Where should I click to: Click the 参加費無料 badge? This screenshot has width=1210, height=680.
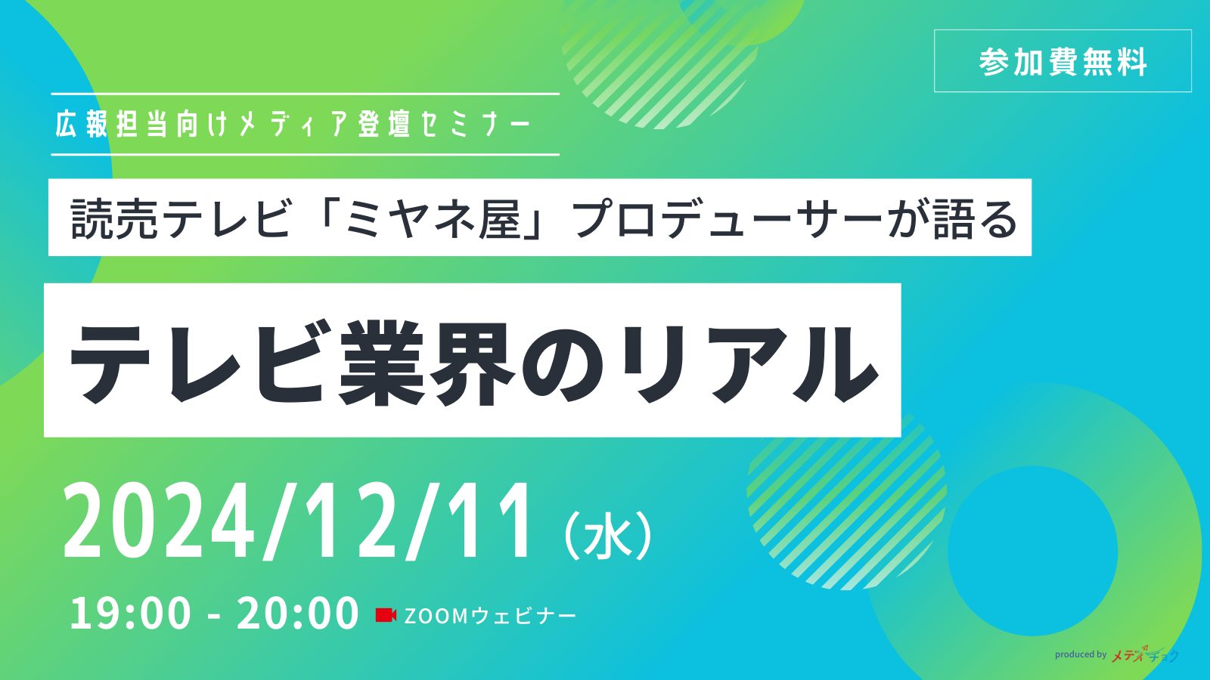click(x=1063, y=61)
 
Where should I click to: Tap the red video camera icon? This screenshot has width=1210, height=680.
click(x=386, y=615)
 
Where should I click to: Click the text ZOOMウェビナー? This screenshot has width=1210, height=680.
click(x=490, y=616)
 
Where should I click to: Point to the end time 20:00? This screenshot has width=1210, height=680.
click(x=298, y=613)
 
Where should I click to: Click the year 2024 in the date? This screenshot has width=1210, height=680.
click(x=159, y=521)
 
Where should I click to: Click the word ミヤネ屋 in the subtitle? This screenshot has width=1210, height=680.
click(x=433, y=218)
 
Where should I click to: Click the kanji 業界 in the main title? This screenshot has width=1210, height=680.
click(x=427, y=362)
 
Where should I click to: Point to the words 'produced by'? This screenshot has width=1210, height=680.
click(x=1081, y=654)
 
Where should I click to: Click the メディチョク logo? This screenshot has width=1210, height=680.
click(x=1145, y=654)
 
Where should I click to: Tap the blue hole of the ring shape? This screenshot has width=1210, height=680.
click(x=1032, y=551)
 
